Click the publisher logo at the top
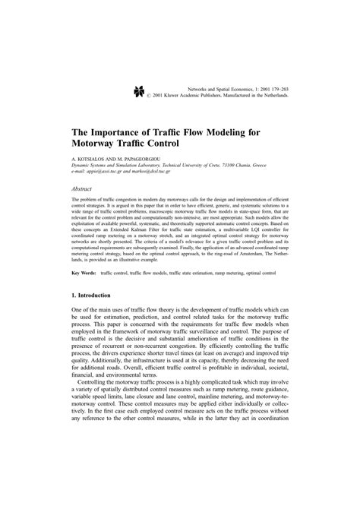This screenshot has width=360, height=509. coord(139,92)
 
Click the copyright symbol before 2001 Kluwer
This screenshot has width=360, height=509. coord(169,96)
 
